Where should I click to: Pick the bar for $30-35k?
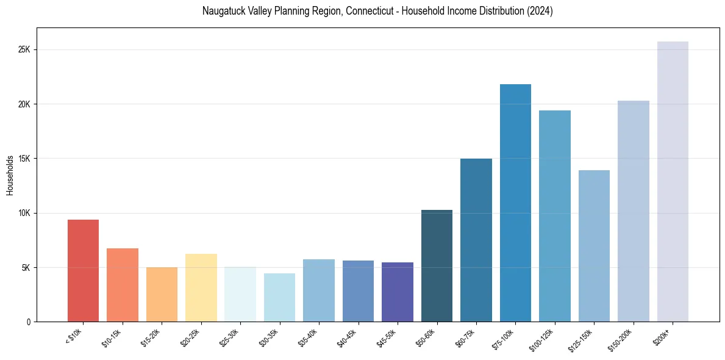279,297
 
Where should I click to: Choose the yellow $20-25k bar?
201,287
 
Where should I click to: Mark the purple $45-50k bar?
398,292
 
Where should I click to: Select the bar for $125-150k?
594,246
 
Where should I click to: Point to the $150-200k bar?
634,211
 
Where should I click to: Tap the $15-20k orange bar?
162,294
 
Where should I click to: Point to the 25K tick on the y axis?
24,49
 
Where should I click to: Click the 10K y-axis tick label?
24,213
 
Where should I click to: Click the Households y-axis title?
10,175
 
